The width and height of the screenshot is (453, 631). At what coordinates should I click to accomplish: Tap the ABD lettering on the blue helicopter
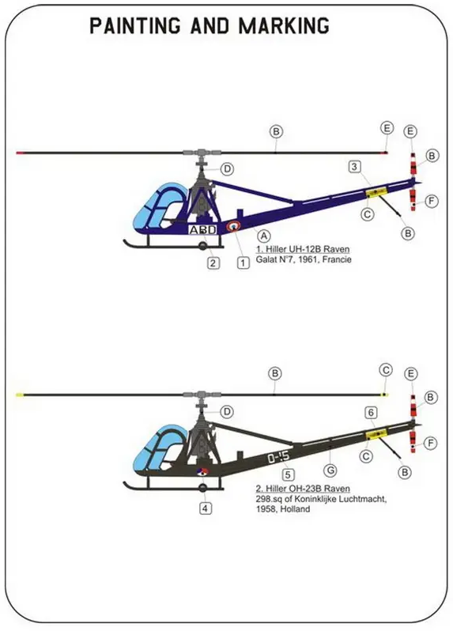click(x=202, y=229)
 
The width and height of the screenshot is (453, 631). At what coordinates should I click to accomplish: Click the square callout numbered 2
click(x=213, y=263)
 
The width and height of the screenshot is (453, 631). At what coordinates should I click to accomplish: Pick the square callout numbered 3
click(x=355, y=166)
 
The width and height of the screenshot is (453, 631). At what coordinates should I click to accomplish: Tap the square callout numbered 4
click(x=206, y=508)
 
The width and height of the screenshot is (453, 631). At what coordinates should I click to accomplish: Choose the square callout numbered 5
click(x=289, y=474)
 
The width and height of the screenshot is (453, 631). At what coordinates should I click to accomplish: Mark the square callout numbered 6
click(x=370, y=413)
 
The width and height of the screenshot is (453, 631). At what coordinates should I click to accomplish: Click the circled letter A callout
click(x=265, y=236)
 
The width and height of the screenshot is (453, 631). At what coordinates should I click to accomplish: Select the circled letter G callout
click(x=331, y=468)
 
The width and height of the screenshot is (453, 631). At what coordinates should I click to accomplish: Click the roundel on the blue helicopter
click(x=235, y=227)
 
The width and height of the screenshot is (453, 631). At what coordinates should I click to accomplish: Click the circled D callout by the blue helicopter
click(x=227, y=169)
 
